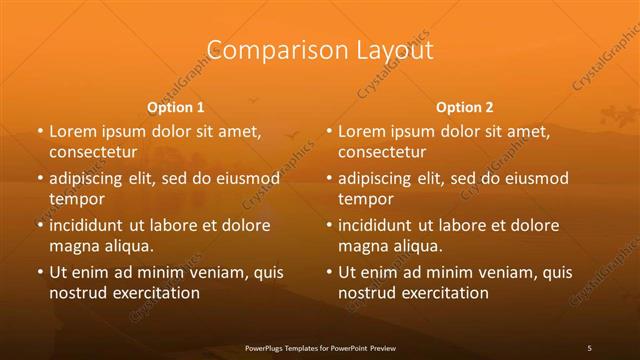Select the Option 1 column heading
pos(175,106)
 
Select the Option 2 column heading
pos(465,106)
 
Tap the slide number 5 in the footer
pos(590,347)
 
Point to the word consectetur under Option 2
pos(382,152)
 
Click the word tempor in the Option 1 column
pos(75,198)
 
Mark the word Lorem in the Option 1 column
pos(71,131)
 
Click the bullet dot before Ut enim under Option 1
pos(38,272)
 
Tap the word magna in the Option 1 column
pos(73,245)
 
